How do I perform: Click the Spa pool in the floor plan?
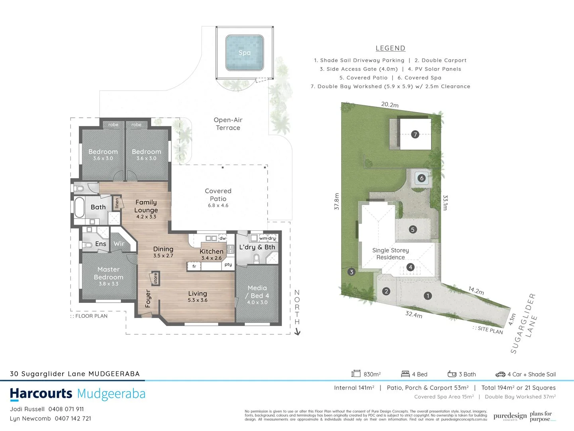click(245, 53)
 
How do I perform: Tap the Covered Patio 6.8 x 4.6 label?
click(218, 198)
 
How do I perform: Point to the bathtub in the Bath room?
click(79, 207)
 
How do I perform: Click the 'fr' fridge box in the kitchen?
click(194, 266)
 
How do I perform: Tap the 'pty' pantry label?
click(228, 264)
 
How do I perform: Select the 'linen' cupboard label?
click(117, 203)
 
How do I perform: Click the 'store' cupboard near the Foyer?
click(155, 278)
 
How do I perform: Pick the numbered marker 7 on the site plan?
click(415, 134)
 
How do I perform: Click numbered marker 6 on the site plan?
click(422, 178)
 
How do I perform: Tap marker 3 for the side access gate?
click(351, 272)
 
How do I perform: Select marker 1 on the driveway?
click(427, 296)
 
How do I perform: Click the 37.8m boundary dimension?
click(337, 202)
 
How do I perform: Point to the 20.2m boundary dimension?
click(390, 105)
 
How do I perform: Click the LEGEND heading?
click(390, 48)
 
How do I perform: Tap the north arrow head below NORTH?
click(297, 332)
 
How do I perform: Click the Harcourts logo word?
click(41, 394)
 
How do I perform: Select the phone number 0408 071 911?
click(66, 409)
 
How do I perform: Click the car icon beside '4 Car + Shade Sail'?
click(500, 374)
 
